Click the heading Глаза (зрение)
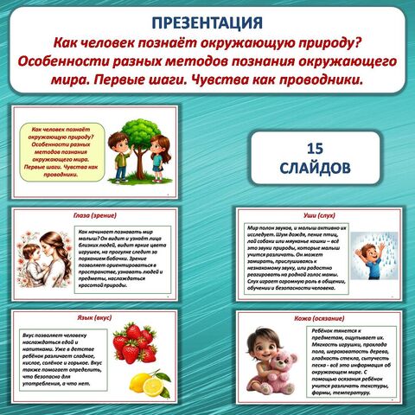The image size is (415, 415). (96, 214)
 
